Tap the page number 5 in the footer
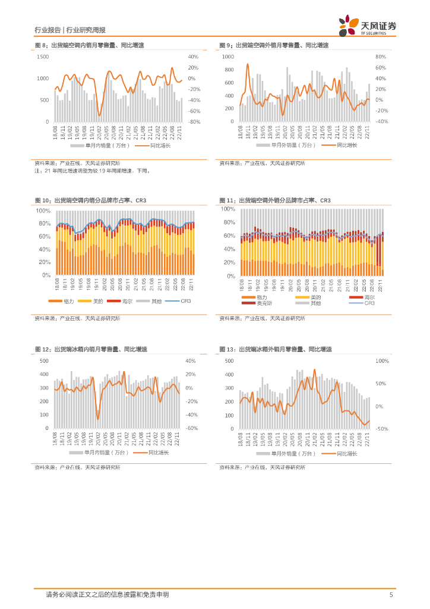pos(390,594)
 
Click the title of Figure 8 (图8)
pos(89,45)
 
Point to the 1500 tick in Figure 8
pos(43,56)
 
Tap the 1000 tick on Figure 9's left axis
pos(228,56)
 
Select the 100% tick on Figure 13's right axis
pos(381,361)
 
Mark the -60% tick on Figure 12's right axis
pos(191,428)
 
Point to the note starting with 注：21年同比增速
pos(93,171)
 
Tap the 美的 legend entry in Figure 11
pos(315,297)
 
